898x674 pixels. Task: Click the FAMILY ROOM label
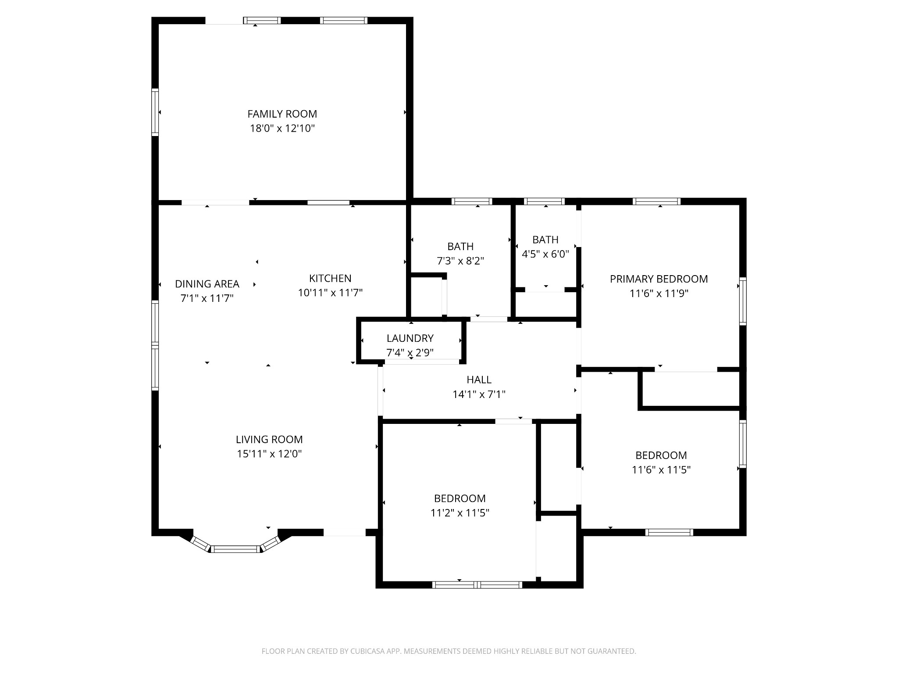coord(282,114)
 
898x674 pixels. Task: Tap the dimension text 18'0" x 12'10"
coord(282,129)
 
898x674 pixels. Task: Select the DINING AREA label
coord(207,284)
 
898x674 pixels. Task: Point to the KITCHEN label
coord(330,278)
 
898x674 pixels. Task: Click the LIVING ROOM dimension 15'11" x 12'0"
coord(269,454)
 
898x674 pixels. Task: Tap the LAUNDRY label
coord(410,338)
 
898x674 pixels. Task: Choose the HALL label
coord(479,380)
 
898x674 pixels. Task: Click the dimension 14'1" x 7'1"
coord(479,394)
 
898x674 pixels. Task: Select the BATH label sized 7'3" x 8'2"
coord(460,247)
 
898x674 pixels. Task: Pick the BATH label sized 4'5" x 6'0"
coord(545,240)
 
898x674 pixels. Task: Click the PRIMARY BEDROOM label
coord(659,279)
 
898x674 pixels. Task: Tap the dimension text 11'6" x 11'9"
coord(659,294)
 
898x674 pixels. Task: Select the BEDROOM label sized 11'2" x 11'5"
coord(460,498)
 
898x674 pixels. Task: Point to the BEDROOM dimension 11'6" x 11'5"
coord(661,470)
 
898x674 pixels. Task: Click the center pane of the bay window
coord(235,549)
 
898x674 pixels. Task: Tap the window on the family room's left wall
coord(155,112)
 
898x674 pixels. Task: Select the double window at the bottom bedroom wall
coord(477,584)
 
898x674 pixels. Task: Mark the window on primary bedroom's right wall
coord(743,301)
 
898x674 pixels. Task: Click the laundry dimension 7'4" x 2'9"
coord(410,353)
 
